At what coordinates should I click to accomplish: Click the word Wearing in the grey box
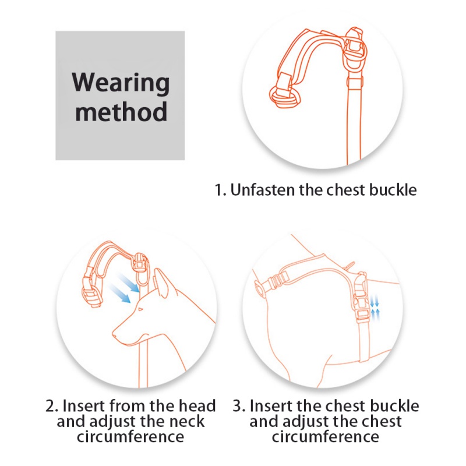121,83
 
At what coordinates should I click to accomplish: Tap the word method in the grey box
121,111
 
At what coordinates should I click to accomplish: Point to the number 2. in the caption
52,406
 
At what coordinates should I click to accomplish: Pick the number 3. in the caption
239,406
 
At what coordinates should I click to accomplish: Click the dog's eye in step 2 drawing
140,309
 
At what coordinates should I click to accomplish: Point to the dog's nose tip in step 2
113,334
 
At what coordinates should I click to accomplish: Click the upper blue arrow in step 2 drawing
129,283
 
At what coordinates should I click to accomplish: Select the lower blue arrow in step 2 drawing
120,294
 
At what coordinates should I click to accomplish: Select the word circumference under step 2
130,436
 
